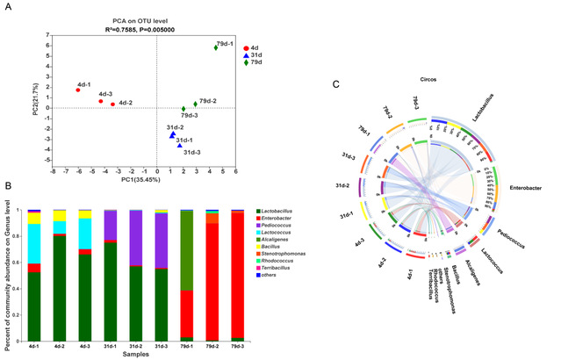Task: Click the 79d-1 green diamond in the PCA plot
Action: [215, 47]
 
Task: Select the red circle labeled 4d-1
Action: [77, 90]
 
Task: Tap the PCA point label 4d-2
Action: [126, 103]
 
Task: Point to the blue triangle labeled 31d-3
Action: [179, 146]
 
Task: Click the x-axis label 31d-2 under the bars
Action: [135, 348]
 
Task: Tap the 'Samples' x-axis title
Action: [133, 356]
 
